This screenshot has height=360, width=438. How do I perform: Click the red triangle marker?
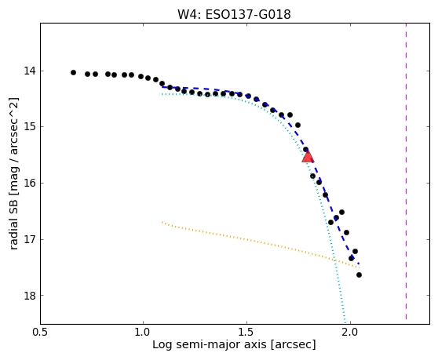pos(308,157)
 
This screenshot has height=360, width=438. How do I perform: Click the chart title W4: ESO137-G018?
pos(234,15)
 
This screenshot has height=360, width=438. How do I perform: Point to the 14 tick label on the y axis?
pos(30,71)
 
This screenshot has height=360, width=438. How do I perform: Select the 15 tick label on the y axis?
pos(30,127)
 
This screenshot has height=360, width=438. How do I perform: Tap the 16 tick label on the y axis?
pos(30,183)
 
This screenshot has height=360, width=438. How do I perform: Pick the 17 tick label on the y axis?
pos(30,239)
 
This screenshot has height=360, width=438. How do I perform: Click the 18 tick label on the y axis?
pos(30,295)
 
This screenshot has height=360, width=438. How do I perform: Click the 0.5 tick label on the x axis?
pos(40,333)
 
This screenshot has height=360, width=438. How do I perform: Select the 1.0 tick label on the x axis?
pos(143,333)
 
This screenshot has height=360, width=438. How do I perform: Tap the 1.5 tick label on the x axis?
pos(246,333)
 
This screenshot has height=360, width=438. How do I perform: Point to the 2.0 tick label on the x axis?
pos(350,333)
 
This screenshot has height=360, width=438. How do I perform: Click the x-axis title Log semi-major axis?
pos(210,345)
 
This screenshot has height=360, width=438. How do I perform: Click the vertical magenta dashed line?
pos(406,171)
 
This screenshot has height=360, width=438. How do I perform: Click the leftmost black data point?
pos(73,73)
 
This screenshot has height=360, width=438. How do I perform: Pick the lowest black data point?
pos(359,275)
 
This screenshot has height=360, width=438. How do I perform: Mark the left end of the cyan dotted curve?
pos(162,94)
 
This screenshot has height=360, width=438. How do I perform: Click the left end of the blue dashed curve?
pos(162,87)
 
